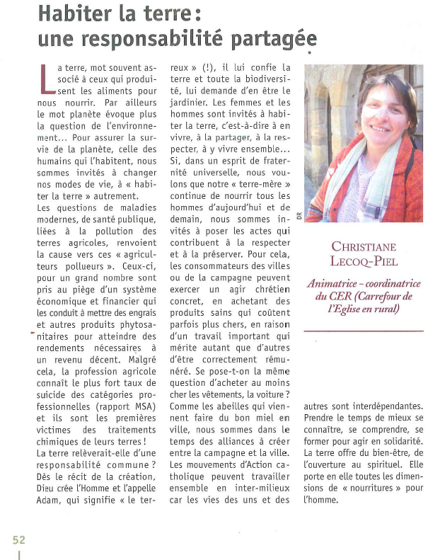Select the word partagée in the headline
(272, 38)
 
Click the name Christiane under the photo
(364, 246)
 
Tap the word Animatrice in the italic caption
(335, 284)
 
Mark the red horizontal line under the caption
(364, 331)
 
